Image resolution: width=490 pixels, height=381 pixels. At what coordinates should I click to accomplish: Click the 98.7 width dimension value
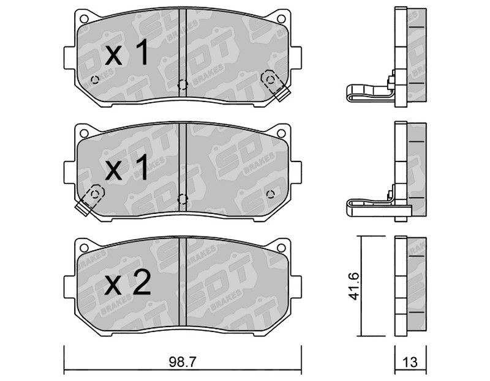pyautogui.click(x=182, y=362)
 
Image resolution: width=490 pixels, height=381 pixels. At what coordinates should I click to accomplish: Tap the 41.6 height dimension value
pyautogui.click(x=355, y=286)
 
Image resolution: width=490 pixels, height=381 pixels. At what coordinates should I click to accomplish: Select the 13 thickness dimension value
pyautogui.click(x=410, y=362)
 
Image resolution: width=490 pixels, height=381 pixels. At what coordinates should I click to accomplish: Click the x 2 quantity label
pyautogui.click(x=127, y=284)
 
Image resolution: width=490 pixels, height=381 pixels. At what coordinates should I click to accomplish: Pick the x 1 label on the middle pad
pyautogui.click(x=126, y=169)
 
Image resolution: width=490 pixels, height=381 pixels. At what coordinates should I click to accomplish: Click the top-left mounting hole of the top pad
pyautogui.click(x=84, y=19)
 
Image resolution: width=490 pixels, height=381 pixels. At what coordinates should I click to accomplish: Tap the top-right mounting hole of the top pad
pyautogui.click(x=281, y=19)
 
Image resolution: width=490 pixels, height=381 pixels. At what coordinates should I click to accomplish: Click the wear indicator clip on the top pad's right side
pyautogui.click(x=274, y=85)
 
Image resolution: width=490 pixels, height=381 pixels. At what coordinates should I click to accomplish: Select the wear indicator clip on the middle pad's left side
pyautogui.click(x=90, y=200)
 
